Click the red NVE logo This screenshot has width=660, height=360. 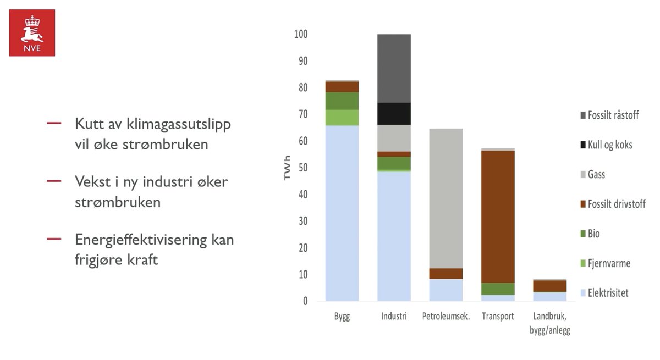(32, 32)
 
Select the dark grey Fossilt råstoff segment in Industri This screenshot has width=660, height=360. (394, 68)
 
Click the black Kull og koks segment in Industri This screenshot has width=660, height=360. (394, 114)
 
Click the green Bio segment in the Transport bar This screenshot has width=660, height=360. (498, 289)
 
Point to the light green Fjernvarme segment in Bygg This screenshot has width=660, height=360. (342, 118)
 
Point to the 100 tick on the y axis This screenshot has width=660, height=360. (301, 35)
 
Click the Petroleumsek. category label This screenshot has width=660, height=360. (446, 317)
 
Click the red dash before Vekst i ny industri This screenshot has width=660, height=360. (54, 181)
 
